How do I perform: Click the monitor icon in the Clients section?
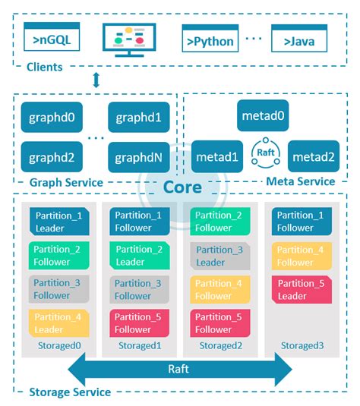pos(128,39)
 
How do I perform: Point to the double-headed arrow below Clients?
pos(96,80)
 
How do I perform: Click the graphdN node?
pos(139,157)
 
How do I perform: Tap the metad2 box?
pos(313,156)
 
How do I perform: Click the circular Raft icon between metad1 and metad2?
pos(266,152)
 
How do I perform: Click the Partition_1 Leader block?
pos(59,221)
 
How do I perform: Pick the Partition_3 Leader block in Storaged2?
pos(221,256)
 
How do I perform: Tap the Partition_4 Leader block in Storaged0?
pos(59,323)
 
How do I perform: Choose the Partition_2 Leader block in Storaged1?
pos(140,256)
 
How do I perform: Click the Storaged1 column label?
pos(139,346)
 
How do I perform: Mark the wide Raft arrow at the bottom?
pos(180,370)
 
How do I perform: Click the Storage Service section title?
pos(69,392)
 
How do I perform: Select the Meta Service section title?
pos(300,181)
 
